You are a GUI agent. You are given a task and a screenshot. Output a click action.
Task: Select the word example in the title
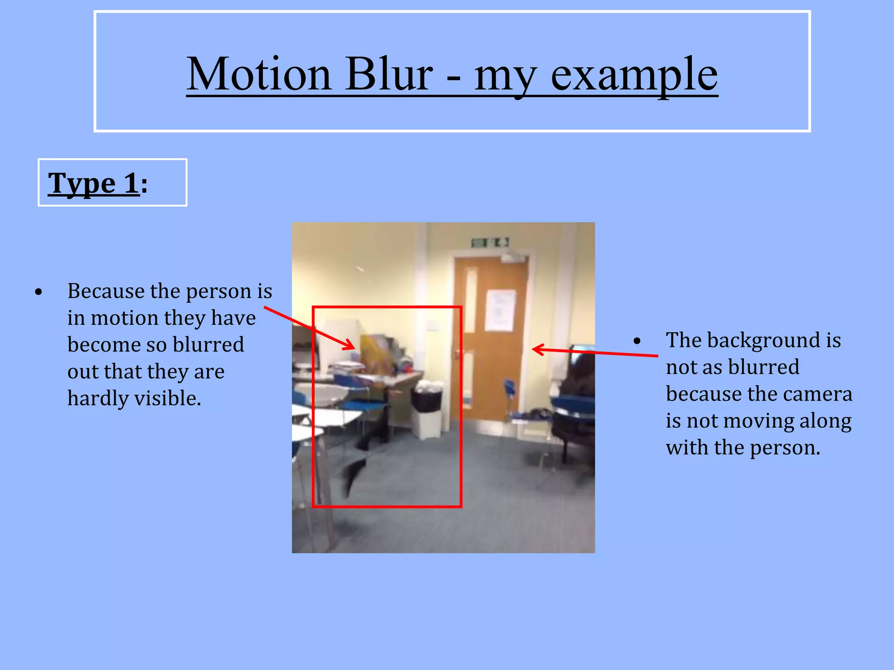pyautogui.click(x=634, y=75)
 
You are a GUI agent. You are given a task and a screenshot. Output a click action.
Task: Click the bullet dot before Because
pyautogui.click(x=39, y=292)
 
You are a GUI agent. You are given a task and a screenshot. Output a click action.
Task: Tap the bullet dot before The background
pyautogui.click(x=637, y=341)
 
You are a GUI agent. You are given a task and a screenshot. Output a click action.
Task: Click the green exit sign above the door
pyautogui.click(x=490, y=243)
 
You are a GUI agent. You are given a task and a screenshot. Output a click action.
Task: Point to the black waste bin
pyautogui.click(x=426, y=399)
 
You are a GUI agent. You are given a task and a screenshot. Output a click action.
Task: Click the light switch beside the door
pyautogui.click(x=433, y=325)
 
